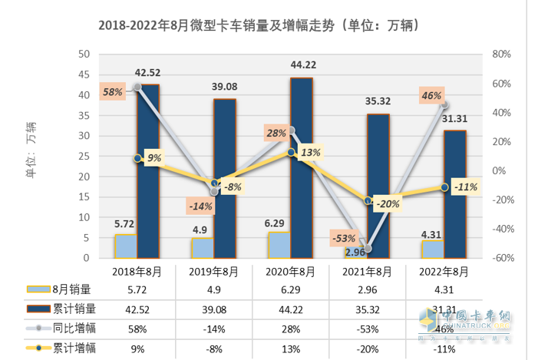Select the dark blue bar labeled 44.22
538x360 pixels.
301,168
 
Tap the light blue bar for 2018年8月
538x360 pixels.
126,246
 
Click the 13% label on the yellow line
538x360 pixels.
311,152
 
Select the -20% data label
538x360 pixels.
388,203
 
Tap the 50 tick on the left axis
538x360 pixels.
84,54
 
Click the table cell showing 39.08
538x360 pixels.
213,309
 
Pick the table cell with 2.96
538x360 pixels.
367,289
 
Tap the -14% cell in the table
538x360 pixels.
213,328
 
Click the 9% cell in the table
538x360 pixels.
137,347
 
